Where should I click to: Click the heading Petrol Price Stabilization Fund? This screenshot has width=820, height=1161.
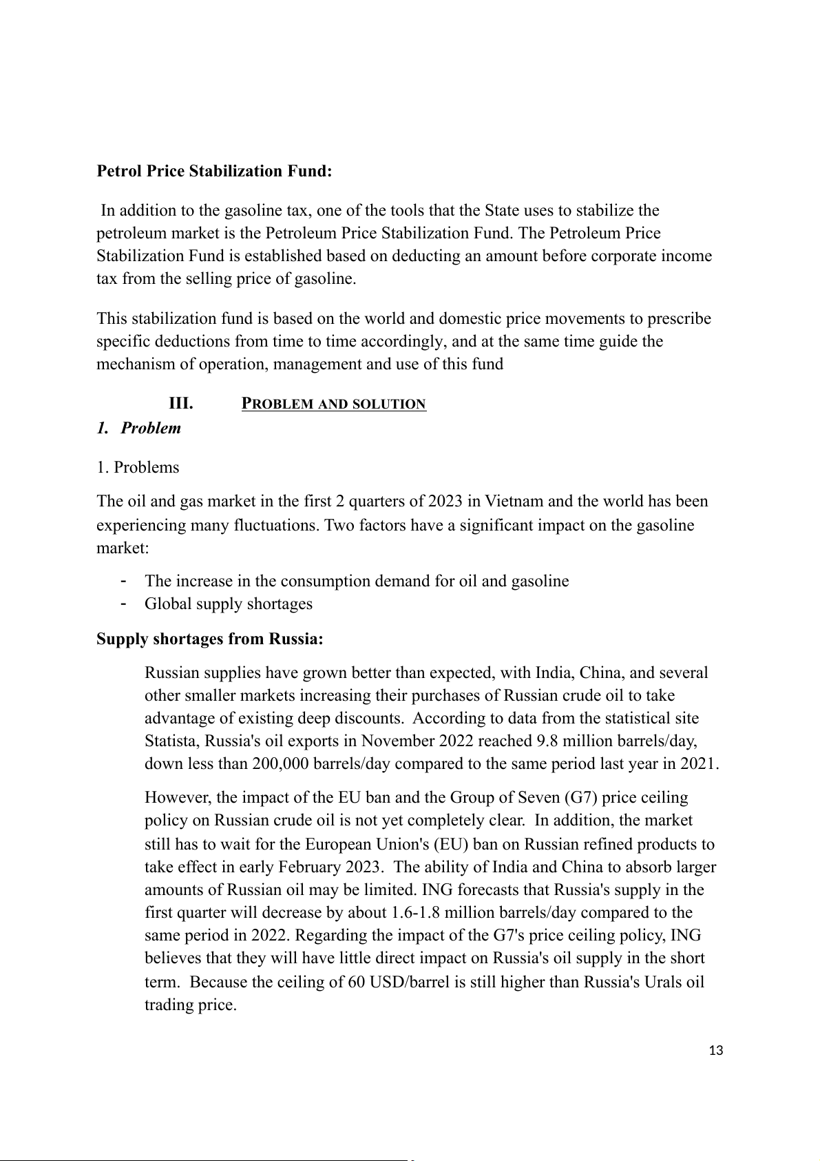214,171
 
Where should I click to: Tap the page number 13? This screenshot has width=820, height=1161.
715,1051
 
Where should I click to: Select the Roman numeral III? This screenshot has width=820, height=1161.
180,403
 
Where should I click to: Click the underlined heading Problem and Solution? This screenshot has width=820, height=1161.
334,404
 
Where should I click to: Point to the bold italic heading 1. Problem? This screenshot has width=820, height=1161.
138,428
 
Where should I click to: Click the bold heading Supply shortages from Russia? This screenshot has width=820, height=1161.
210,639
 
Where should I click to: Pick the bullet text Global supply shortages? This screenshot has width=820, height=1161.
228,604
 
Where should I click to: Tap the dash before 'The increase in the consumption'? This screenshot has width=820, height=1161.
123,580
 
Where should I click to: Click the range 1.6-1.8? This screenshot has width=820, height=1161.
415,912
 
